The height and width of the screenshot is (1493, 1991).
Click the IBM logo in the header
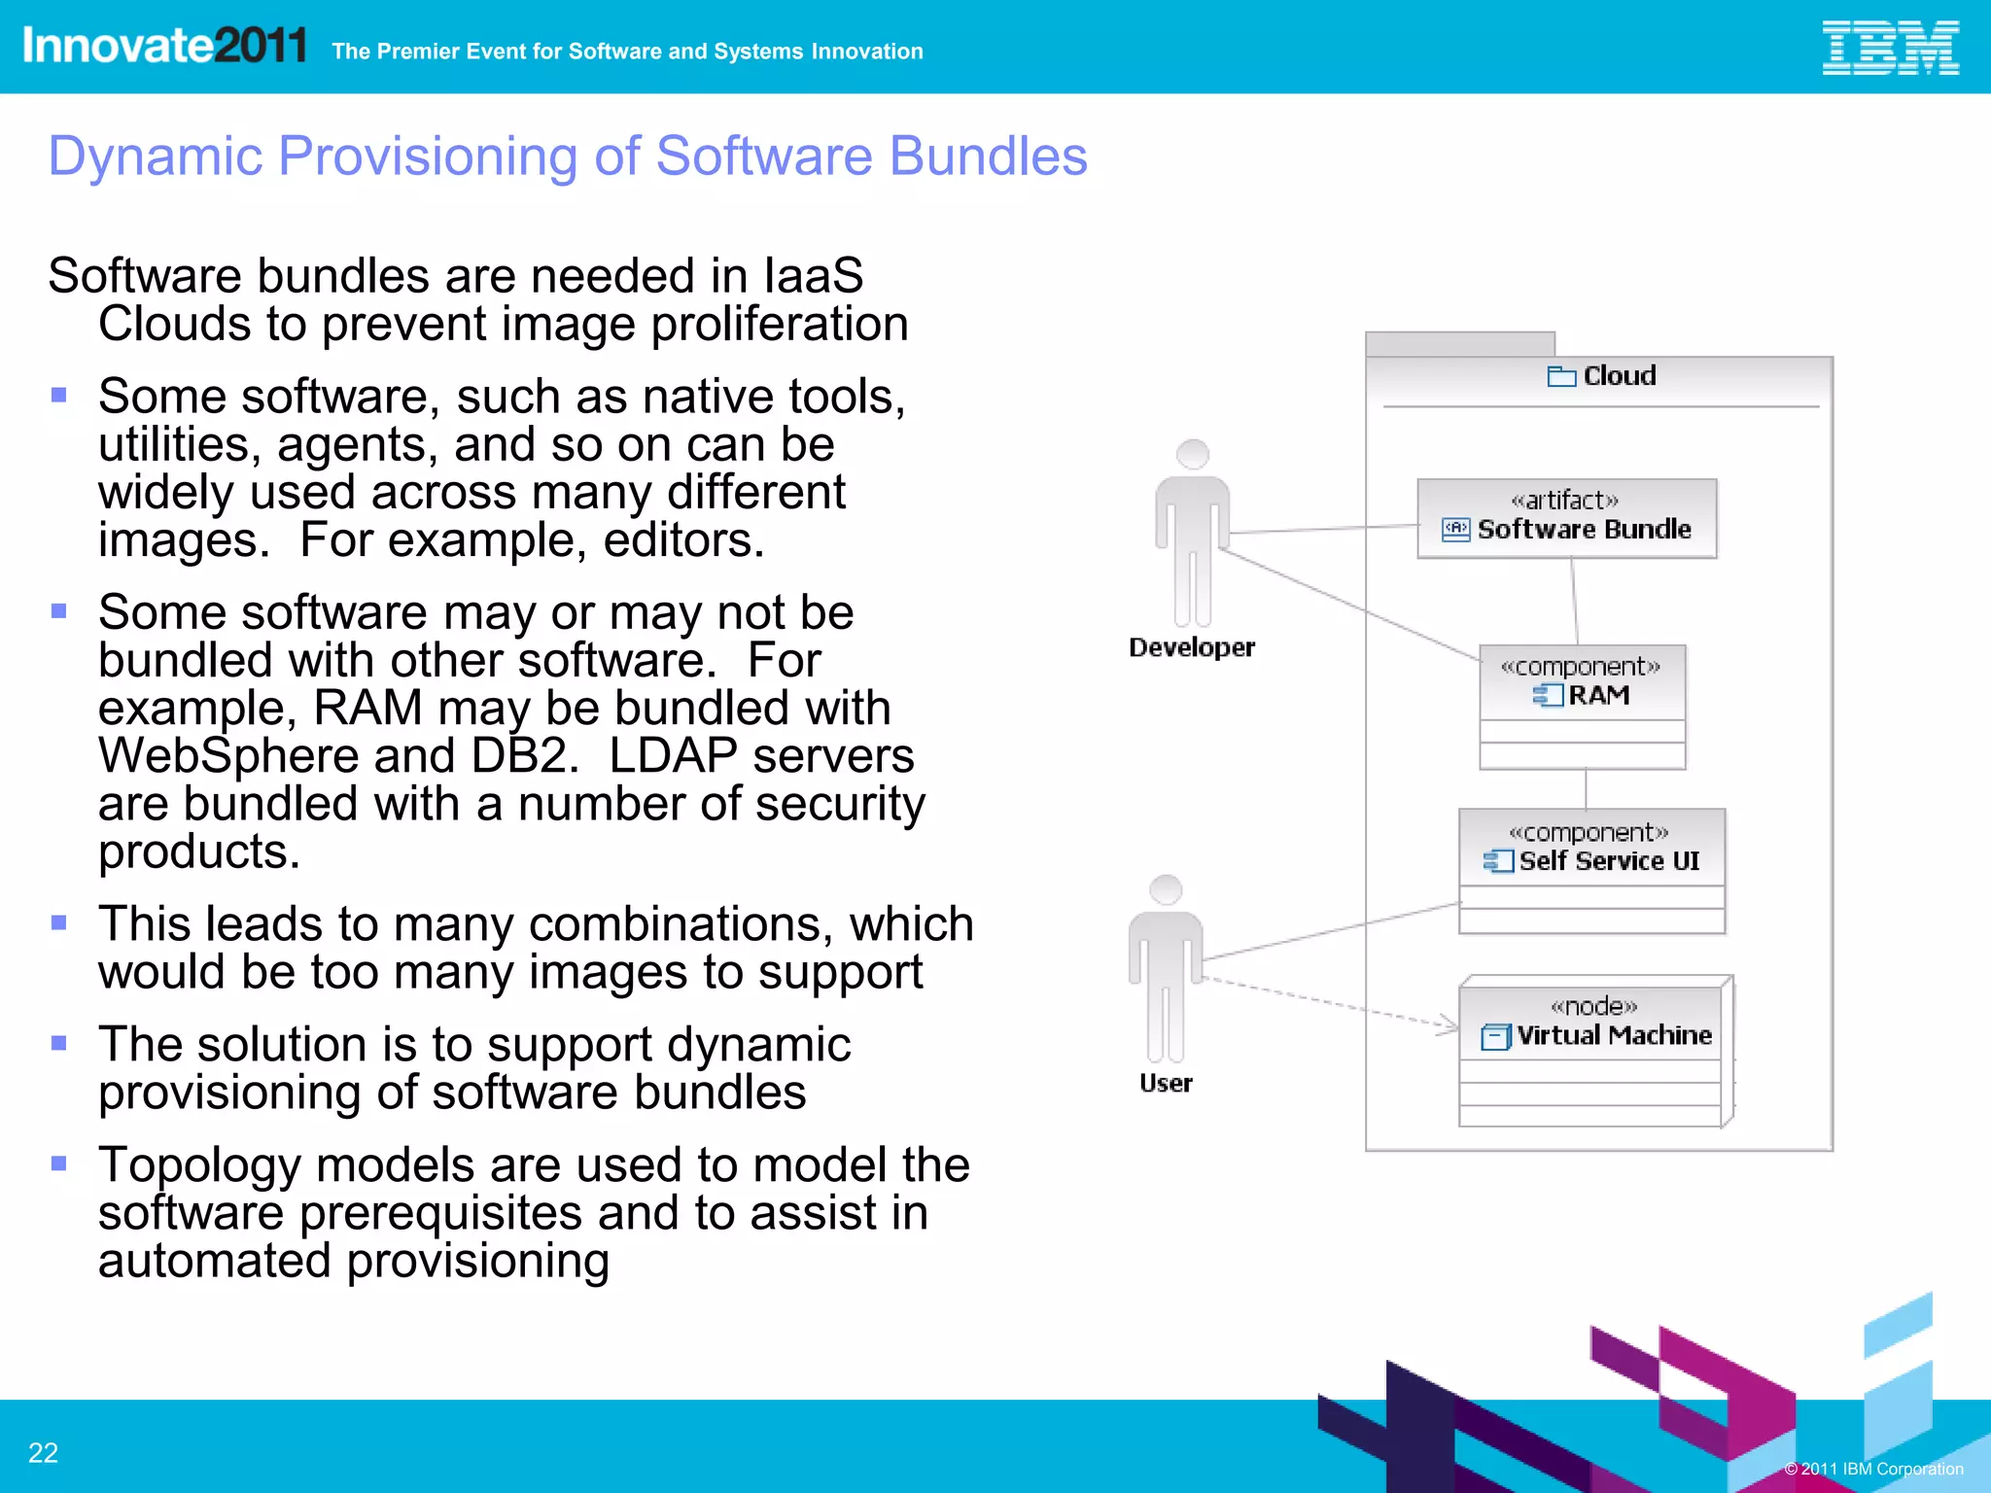click(x=1889, y=48)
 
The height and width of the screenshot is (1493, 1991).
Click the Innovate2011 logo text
click(x=164, y=46)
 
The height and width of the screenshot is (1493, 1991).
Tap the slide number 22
click(x=43, y=1452)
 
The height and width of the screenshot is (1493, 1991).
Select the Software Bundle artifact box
click(x=1566, y=518)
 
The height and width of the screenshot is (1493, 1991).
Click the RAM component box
click(x=1582, y=707)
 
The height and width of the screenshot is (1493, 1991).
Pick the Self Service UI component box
click(x=1591, y=870)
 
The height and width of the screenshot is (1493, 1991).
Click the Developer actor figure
click(x=1192, y=535)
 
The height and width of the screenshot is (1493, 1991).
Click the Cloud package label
click(x=1618, y=376)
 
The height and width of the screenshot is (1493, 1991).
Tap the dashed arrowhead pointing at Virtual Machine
click(x=1449, y=1024)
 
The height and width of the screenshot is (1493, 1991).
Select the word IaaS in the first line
click(x=814, y=276)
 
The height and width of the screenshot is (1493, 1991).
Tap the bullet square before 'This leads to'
click(x=59, y=922)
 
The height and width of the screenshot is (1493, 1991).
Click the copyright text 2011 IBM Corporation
click(x=1873, y=1469)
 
